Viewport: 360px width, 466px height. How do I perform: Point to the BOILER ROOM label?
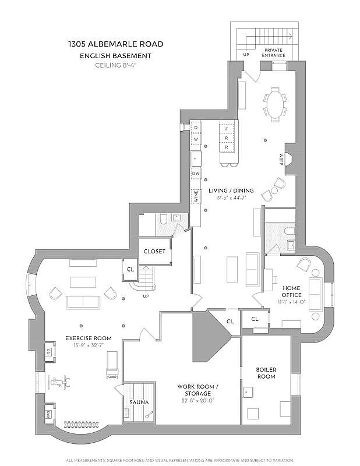coord(266,373)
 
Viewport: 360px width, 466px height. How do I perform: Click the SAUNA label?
coord(139,403)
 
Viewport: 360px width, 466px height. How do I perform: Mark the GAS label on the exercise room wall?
coord(48,414)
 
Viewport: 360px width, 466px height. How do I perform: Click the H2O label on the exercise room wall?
coord(48,352)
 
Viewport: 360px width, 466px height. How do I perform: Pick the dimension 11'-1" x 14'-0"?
coord(292,302)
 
